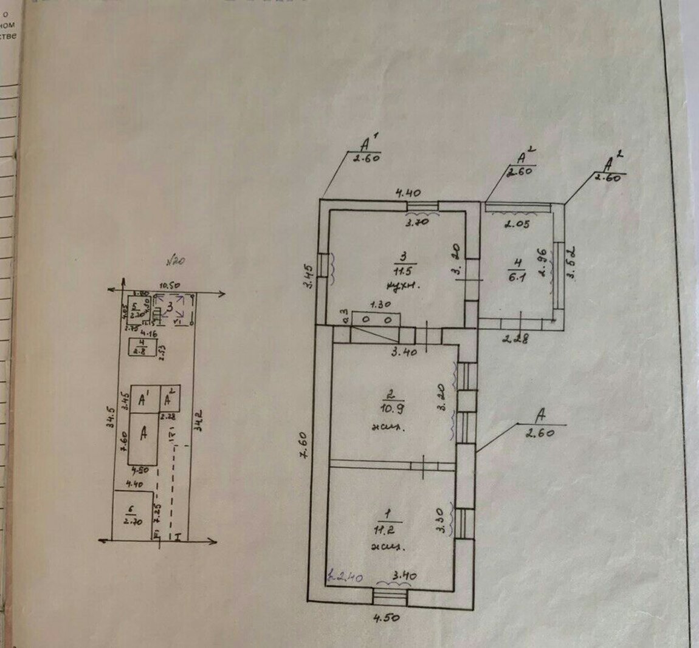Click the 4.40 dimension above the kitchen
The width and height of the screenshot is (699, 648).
[x=408, y=194]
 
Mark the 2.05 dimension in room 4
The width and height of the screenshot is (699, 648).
[x=517, y=223]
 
